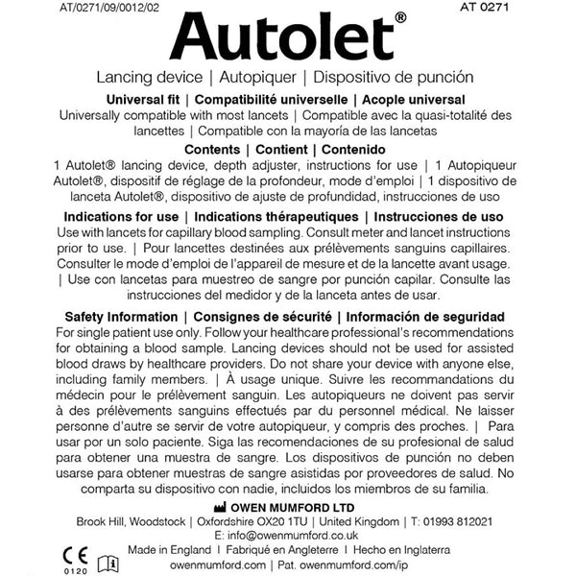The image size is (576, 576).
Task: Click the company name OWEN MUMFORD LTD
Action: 288,506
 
